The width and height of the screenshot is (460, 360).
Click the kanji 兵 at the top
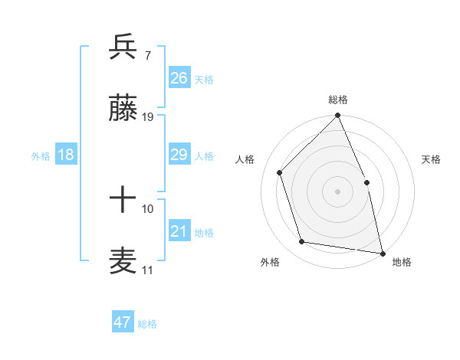[123, 47]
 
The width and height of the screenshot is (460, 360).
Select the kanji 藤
[123, 110]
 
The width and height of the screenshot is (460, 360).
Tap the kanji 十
[123, 200]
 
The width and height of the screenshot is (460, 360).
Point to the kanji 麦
[123, 261]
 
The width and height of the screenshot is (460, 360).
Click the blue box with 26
[179, 77]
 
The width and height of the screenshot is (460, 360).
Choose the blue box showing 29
[179, 155]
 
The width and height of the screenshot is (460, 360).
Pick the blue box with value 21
[179, 231]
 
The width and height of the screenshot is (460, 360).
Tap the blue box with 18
[66, 155]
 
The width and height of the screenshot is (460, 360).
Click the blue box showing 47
[123, 322]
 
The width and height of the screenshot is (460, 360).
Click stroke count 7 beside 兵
[148, 56]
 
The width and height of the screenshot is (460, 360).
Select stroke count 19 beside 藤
[148, 118]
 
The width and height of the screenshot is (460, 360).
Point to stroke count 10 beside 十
[148, 208]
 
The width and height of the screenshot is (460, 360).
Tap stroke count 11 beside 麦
[148, 270]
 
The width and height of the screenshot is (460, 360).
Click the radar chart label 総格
[338, 100]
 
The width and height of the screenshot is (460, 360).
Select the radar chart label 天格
[431, 159]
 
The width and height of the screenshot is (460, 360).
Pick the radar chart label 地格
[402, 262]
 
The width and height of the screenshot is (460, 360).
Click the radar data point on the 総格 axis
[338, 116]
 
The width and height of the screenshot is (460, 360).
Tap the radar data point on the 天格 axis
[366, 182]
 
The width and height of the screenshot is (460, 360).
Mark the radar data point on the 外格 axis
[302, 242]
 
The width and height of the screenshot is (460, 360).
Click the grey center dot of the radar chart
[338, 191]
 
